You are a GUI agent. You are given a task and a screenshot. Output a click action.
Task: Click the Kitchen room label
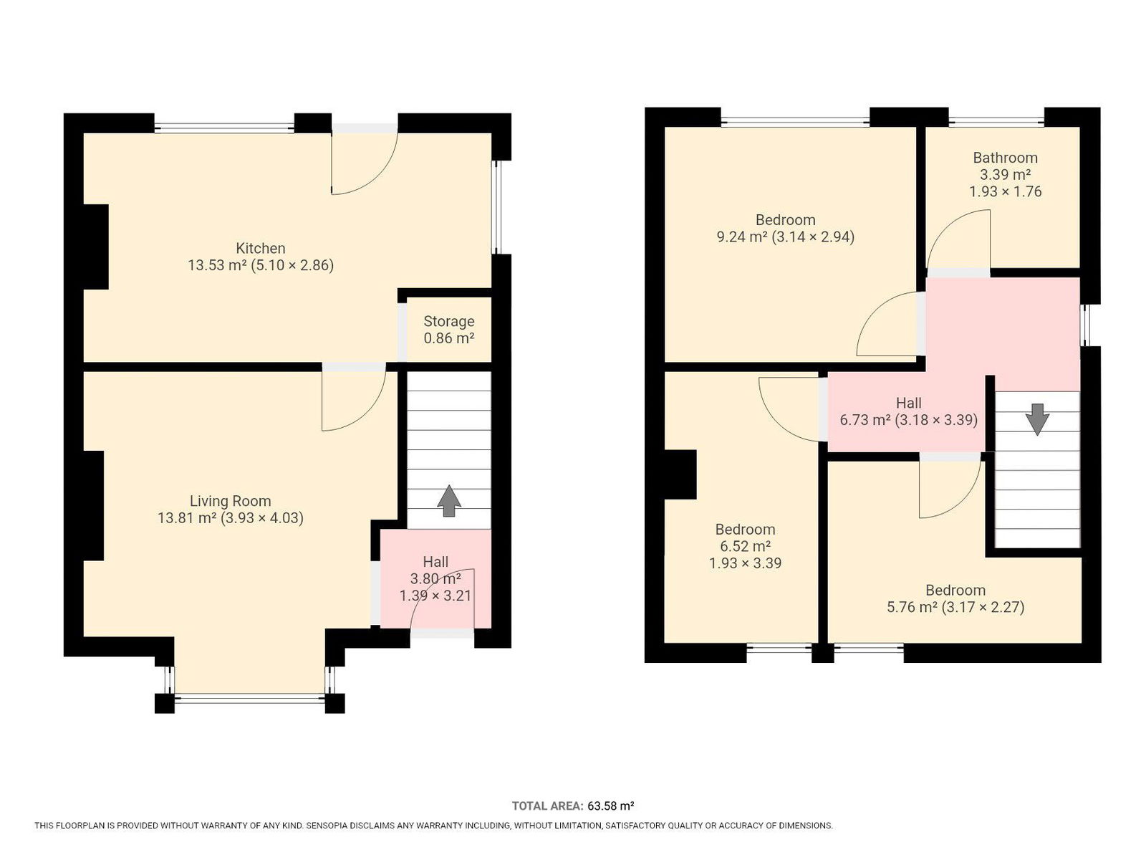pos(261,248)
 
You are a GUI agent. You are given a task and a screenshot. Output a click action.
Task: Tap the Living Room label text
pos(230,501)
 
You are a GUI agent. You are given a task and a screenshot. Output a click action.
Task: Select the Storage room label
pos(449,321)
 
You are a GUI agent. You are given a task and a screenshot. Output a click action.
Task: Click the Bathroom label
pos(1005,158)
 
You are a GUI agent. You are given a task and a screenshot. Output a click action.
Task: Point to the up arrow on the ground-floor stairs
pos(449,501)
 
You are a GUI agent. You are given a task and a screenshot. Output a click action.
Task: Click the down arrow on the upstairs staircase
pos(1037,419)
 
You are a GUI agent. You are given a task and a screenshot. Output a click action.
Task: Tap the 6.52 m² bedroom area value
pos(745,546)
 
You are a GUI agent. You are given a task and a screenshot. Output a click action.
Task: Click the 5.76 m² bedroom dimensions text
pos(983,607)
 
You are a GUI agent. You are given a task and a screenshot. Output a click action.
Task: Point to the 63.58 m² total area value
pos(611,806)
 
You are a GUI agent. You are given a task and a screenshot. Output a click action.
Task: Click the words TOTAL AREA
pos(547,806)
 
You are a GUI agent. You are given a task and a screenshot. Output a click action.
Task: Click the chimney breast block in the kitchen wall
pos(95,247)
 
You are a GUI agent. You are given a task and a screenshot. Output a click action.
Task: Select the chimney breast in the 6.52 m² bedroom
pos(680,474)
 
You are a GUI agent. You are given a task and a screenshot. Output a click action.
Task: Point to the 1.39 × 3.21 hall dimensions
pos(435,596)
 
